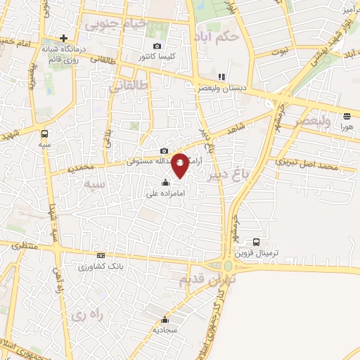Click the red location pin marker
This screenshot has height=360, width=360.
tap(181, 165)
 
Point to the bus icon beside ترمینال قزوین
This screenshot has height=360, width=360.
tap(257, 241)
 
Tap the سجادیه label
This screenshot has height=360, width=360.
tap(165, 328)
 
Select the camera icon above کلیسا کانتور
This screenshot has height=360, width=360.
tap(157, 45)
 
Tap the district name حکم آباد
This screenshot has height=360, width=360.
tap(219, 34)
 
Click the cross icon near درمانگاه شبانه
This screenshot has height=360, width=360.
tap(64, 38)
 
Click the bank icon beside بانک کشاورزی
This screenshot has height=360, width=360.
tap(101, 256)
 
